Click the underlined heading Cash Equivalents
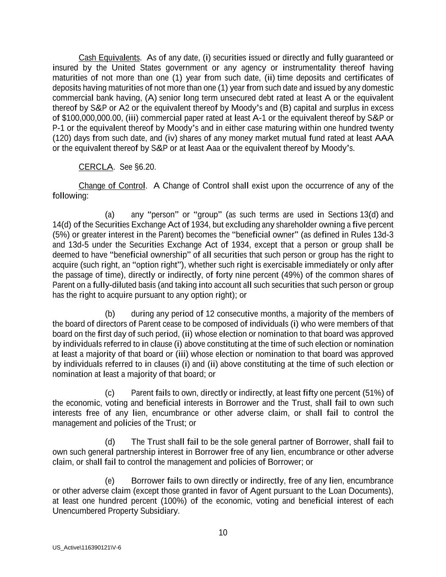109,57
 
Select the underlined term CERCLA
96,167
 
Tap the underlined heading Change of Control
112,186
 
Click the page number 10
223,533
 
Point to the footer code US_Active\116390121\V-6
87,547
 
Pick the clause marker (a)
110,215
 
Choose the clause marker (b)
110,314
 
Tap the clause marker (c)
110,393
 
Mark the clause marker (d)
110,442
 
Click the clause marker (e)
110,481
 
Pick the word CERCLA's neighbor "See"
126,167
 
